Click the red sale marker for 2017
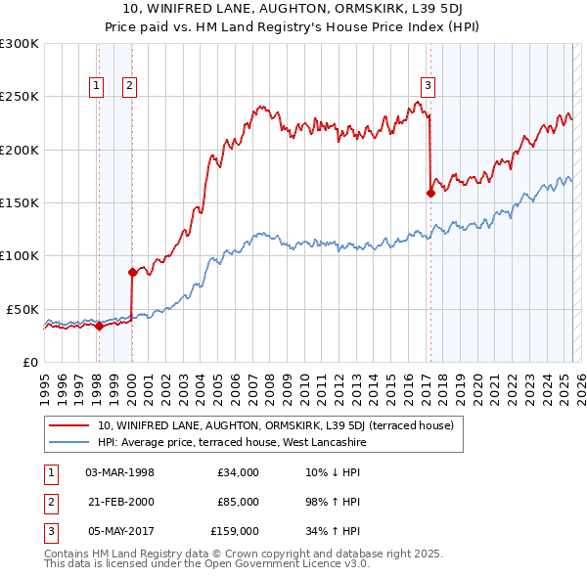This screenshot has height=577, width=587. coord(430,194)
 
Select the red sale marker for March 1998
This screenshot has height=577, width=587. coord(99,326)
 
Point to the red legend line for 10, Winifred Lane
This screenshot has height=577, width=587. coord(68,425)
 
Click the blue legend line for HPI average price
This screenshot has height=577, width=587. coord(68,443)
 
